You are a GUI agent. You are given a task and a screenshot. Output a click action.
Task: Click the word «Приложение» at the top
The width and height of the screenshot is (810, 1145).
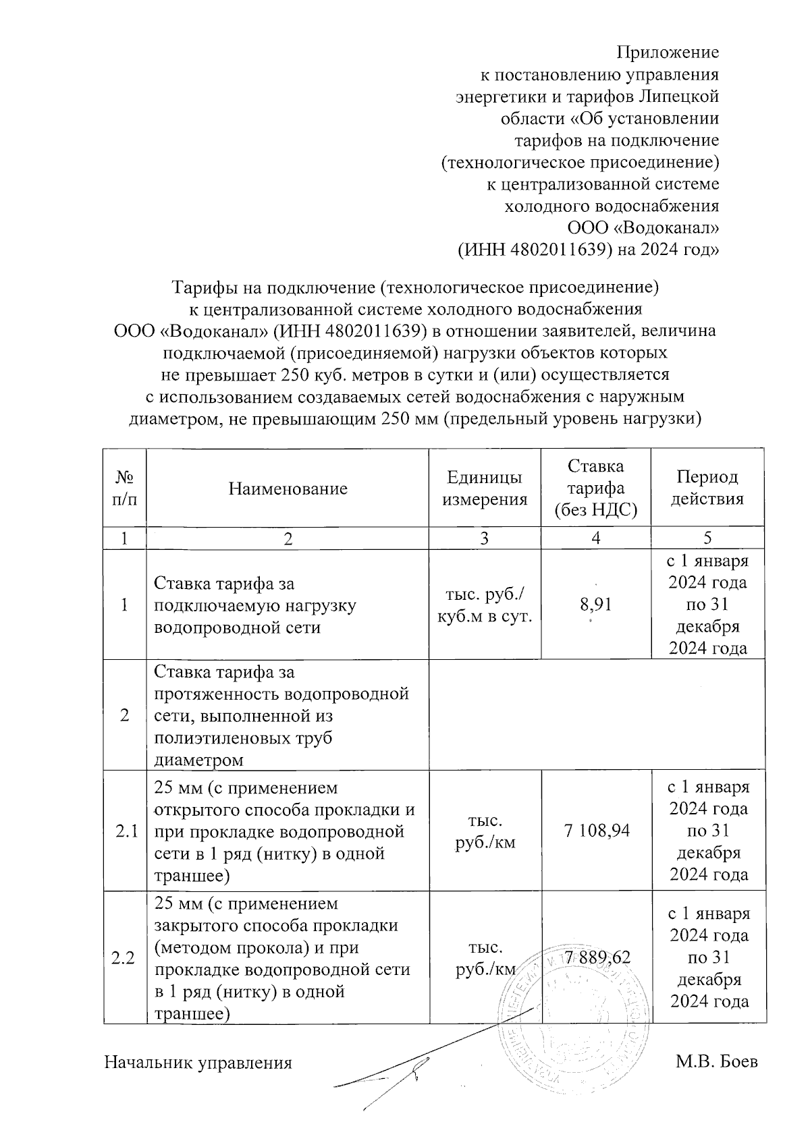pyautogui.click(x=668, y=52)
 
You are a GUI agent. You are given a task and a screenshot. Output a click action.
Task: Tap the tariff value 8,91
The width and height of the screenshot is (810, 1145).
pyautogui.click(x=596, y=605)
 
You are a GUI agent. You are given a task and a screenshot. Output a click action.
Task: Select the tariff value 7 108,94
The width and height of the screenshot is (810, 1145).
pyautogui.click(x=597, y=830)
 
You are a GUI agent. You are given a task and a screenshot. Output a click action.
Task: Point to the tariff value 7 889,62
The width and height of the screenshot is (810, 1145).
pyautogui.click(x=597, y=957)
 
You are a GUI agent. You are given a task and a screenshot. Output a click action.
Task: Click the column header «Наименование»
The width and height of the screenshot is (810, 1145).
pyautogui.click(x=288, y=488)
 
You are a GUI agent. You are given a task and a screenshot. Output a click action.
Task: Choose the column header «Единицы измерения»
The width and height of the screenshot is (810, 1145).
pyautogui.click(x=484, y=488)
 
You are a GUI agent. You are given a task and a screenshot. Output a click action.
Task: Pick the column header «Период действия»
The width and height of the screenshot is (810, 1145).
pyautogui.click(x=707, y=488)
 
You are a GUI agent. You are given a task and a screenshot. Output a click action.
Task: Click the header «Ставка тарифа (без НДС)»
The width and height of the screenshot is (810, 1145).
pyautogui.click(x=595, y=488)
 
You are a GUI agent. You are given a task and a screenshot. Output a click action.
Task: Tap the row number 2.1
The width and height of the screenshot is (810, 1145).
pyautogui.click(x=125, y=831)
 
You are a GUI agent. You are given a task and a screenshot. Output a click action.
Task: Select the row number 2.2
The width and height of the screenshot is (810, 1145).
pyautogui.click(x=125, y=958)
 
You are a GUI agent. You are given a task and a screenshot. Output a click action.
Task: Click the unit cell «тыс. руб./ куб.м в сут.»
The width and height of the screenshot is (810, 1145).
pyautogui.click(x=484, y=605)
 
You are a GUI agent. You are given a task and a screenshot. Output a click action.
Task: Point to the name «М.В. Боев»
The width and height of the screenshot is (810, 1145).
pyautogui.click(x=717, y=1061)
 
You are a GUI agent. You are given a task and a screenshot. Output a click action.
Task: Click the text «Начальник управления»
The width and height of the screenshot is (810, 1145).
pyautogui.click(x=198, y=1063)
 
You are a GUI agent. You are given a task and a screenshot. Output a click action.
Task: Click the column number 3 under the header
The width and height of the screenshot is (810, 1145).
pyautogui.click(x=484, y=538)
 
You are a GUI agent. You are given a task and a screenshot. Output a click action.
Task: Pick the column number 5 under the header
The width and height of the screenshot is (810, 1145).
pyautogui.click(x=707, y=538)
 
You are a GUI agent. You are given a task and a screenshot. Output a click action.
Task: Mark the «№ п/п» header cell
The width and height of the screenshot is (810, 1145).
pyautogui.click(x=125, y=488)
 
